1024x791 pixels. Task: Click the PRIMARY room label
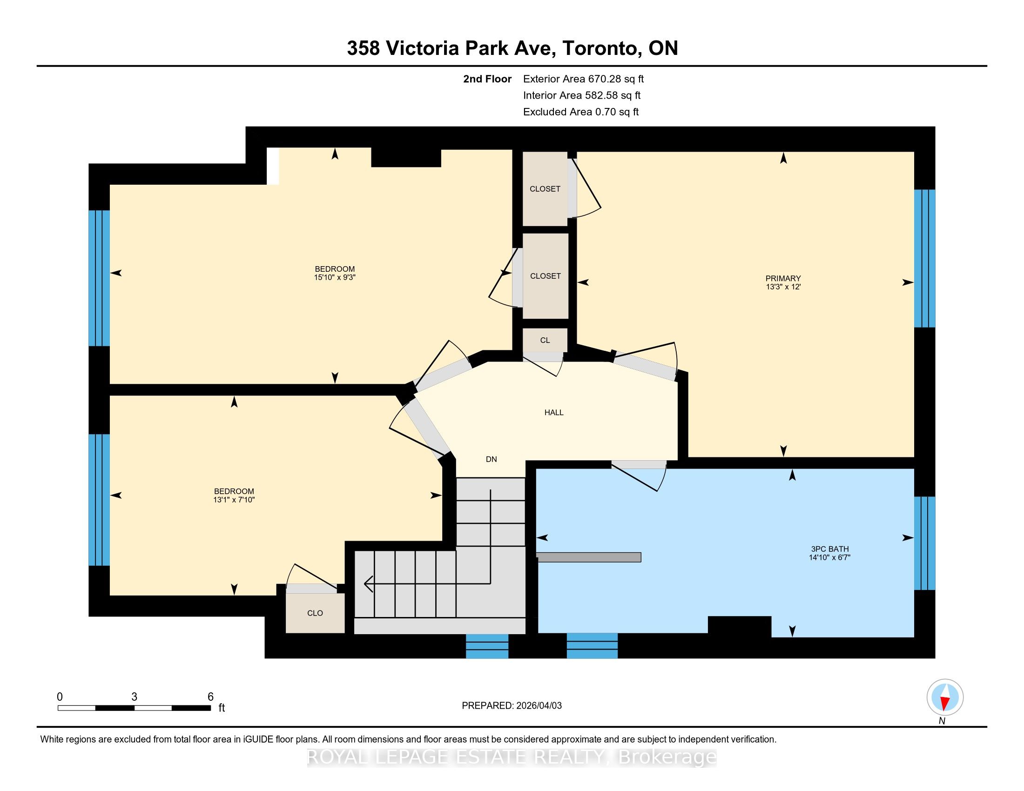tap(783, 278)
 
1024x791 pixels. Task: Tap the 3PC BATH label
tap(829, 549)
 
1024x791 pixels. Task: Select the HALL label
tap(554, 412)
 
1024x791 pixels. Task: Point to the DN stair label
tap(492, 459)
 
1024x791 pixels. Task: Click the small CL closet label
tap(545, 340)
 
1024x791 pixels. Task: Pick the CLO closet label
tap(315, 613)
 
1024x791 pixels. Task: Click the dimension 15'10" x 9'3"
tap(335, 277)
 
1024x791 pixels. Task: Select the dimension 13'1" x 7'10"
tap(234, 500)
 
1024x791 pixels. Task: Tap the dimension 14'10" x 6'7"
tap(829, 557)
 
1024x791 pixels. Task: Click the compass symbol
tap(945, 698)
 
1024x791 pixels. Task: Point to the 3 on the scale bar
tap(135, 697)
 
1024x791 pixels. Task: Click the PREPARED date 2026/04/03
tap(538, 706)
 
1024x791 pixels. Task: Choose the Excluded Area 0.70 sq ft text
tap(581, 112)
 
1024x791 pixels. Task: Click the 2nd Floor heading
tap(487, 79)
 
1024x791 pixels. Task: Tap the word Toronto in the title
tap(602, 48)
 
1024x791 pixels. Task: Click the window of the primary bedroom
tap(924, 258)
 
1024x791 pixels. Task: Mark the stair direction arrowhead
tap(369, 584)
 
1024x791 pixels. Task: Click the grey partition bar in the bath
tap(589, 557)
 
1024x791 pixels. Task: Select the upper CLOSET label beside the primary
tap(545, 189)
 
